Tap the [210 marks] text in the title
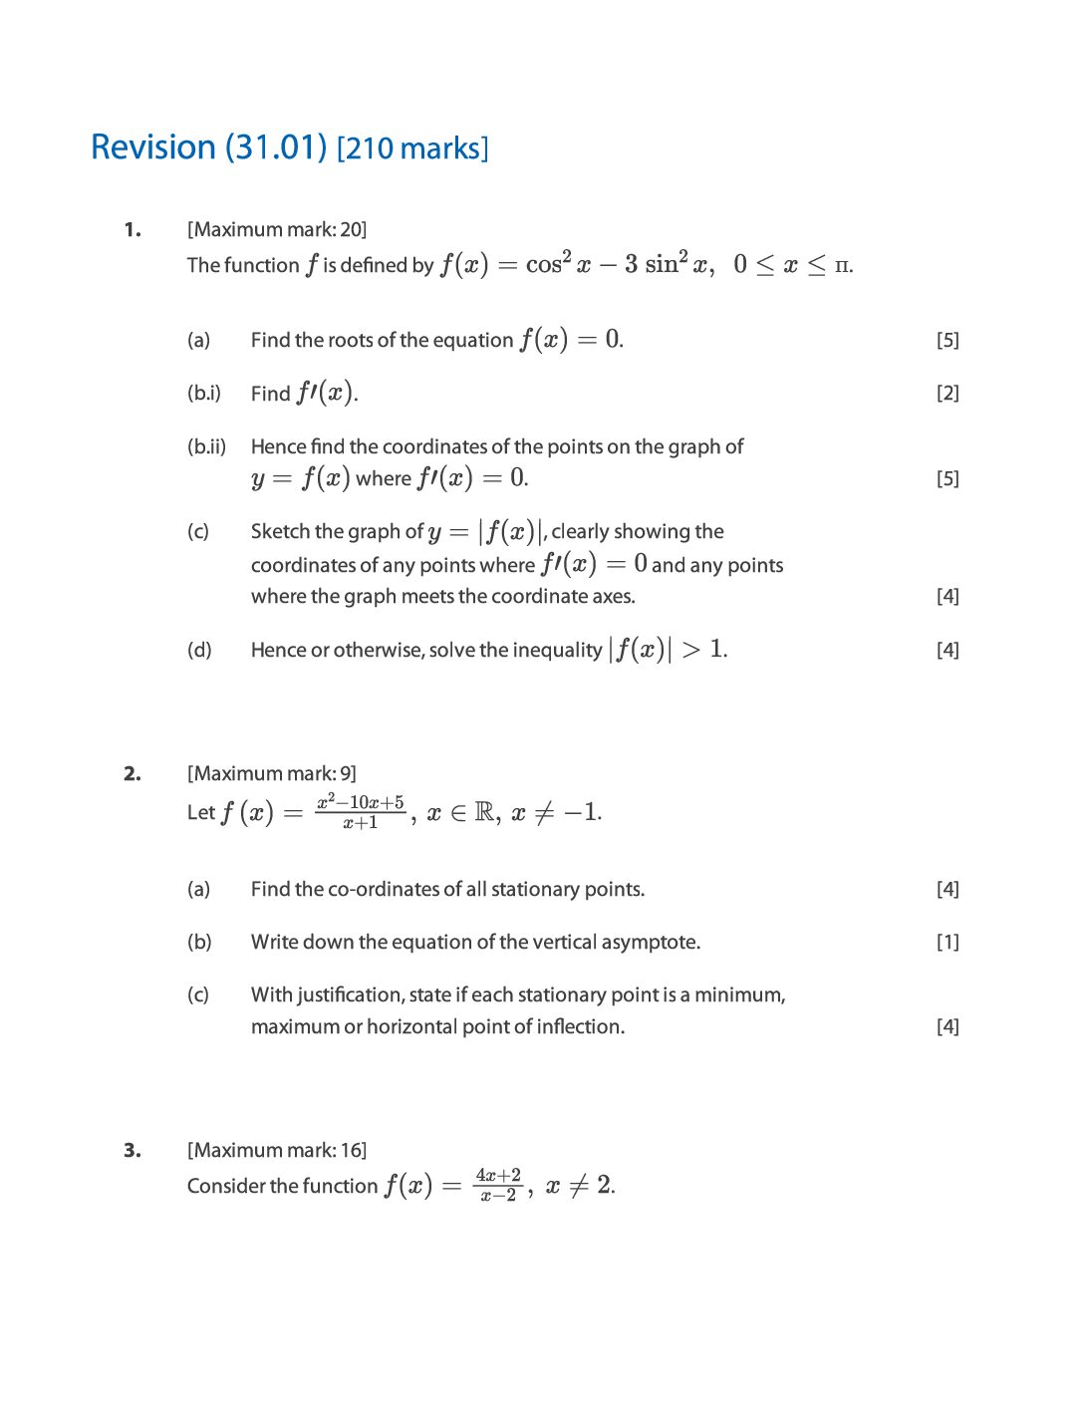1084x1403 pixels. (x=412, y=149)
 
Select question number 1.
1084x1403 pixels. (x=133, y=230)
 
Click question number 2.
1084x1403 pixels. (x=133, y=774)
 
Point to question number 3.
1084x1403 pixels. (x=133, y=1151)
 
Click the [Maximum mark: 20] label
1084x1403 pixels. (x=277, y=230)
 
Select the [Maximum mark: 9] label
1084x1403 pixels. (x=272, y=774)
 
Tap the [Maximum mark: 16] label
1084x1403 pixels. (x=277, y=1151)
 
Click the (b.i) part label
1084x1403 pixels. (x=204, y=394)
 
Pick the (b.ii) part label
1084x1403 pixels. (x=207, y=446)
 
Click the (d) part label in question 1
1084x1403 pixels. (x=199, y=651)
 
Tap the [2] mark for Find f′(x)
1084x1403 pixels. (x=948, y=394)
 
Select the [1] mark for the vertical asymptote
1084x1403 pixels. (x=948, y=943)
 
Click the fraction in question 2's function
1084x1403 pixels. (x=361, y=812)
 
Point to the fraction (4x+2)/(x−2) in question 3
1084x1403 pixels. (x=498, y=1185)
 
